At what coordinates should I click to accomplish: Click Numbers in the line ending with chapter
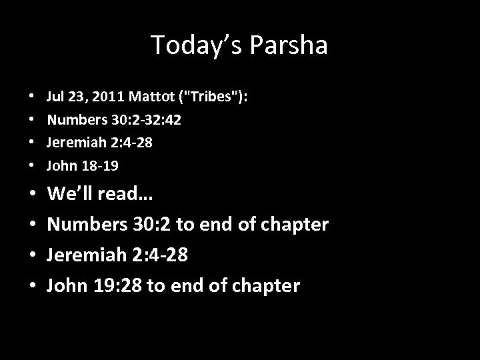tap(83, 224)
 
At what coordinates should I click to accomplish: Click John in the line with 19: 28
tap(64, 286)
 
